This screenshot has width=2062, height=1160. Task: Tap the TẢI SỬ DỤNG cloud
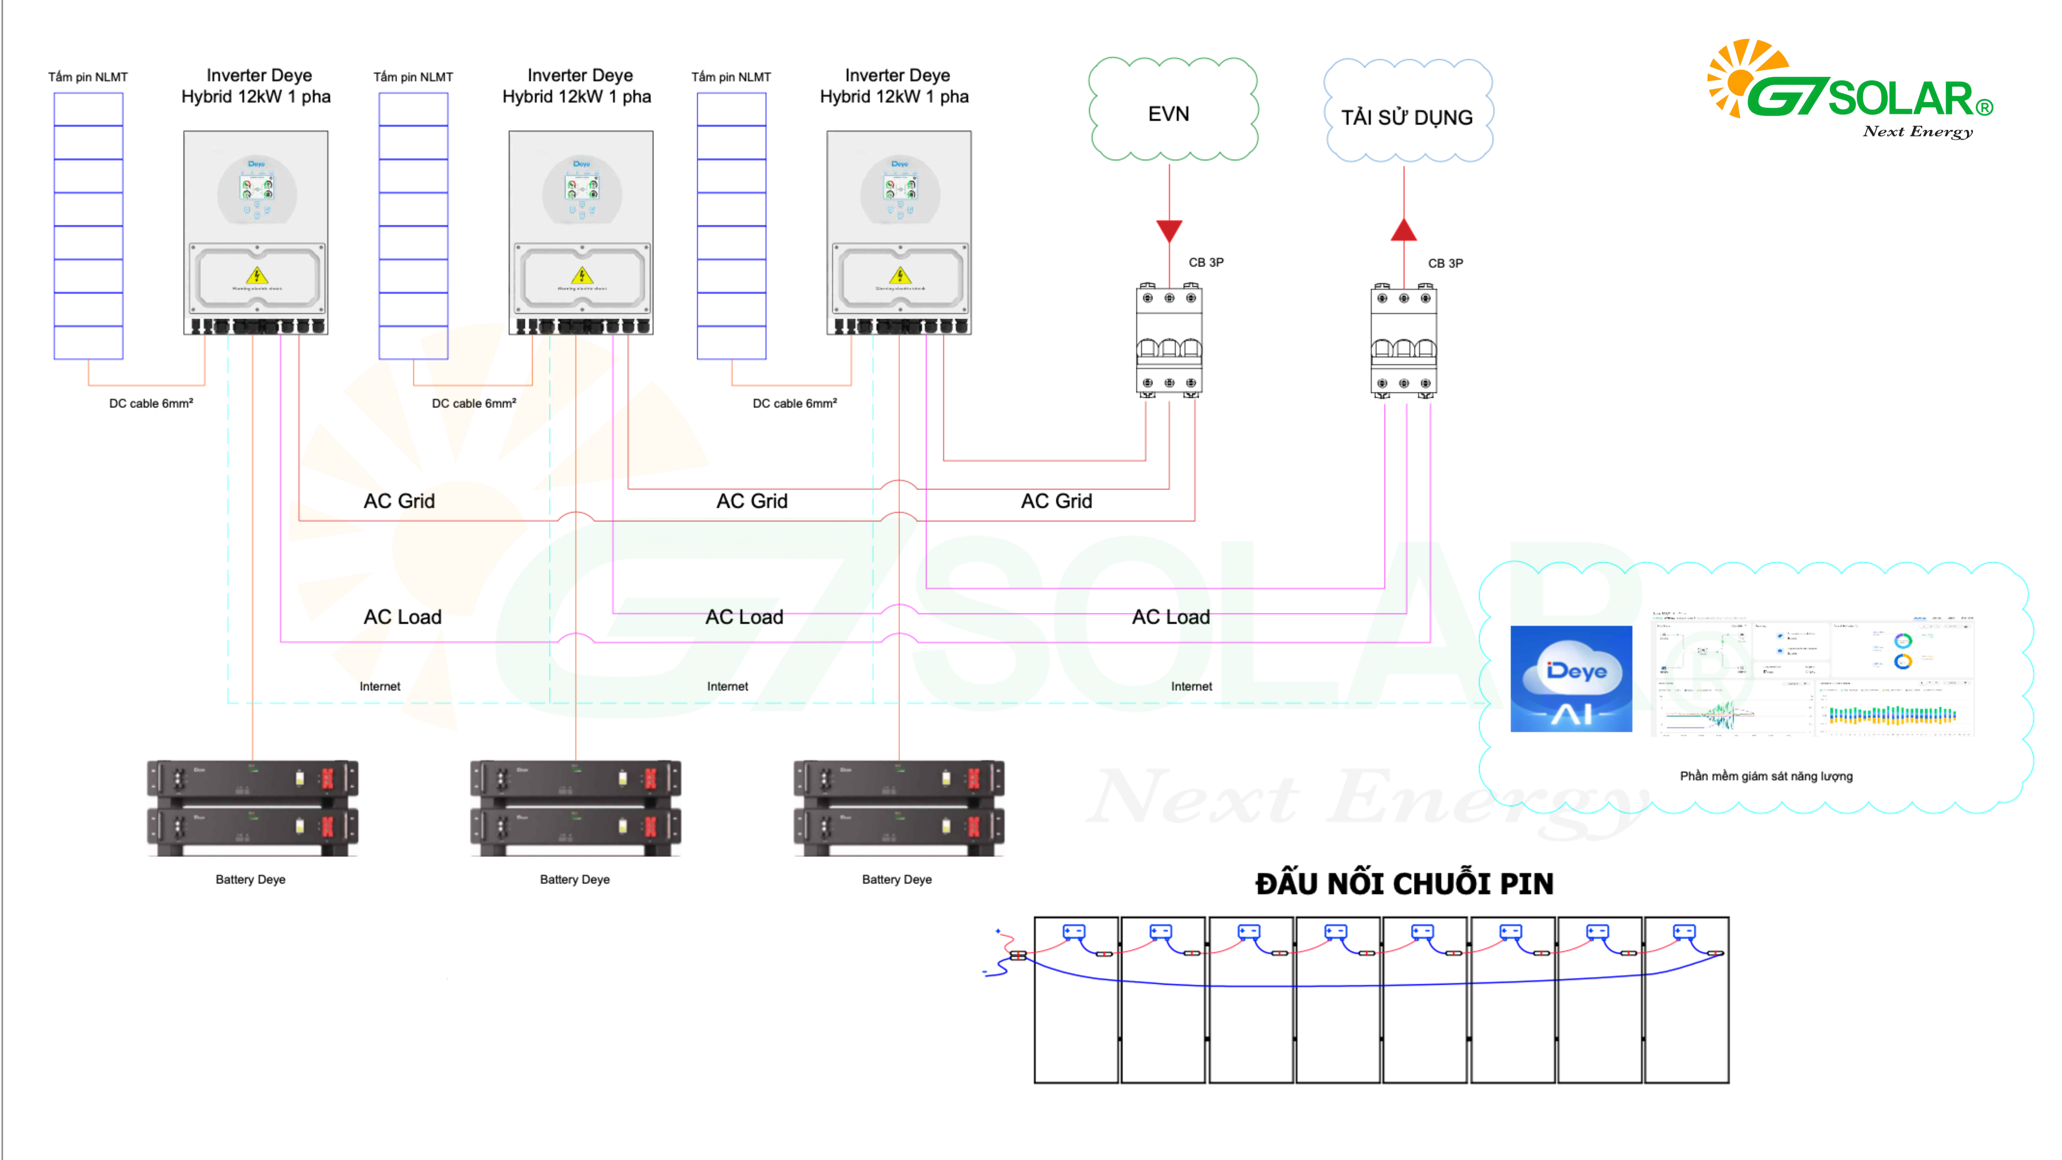click(x=1407, y=114)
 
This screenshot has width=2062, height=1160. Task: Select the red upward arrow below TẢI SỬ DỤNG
click(x=1404, y=231)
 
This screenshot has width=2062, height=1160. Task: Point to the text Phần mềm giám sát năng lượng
click(x=1766, y=776)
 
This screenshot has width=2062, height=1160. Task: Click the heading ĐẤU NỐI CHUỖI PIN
click(x=1404, y=884)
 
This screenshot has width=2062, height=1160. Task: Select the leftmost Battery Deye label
click(x=251, y=879)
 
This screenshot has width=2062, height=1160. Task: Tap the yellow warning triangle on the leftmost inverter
click(x=257, y=275)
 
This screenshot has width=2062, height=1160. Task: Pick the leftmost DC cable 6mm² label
click(x=151, y=404)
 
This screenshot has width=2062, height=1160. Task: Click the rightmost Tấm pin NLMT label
click(x=731, y=77)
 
